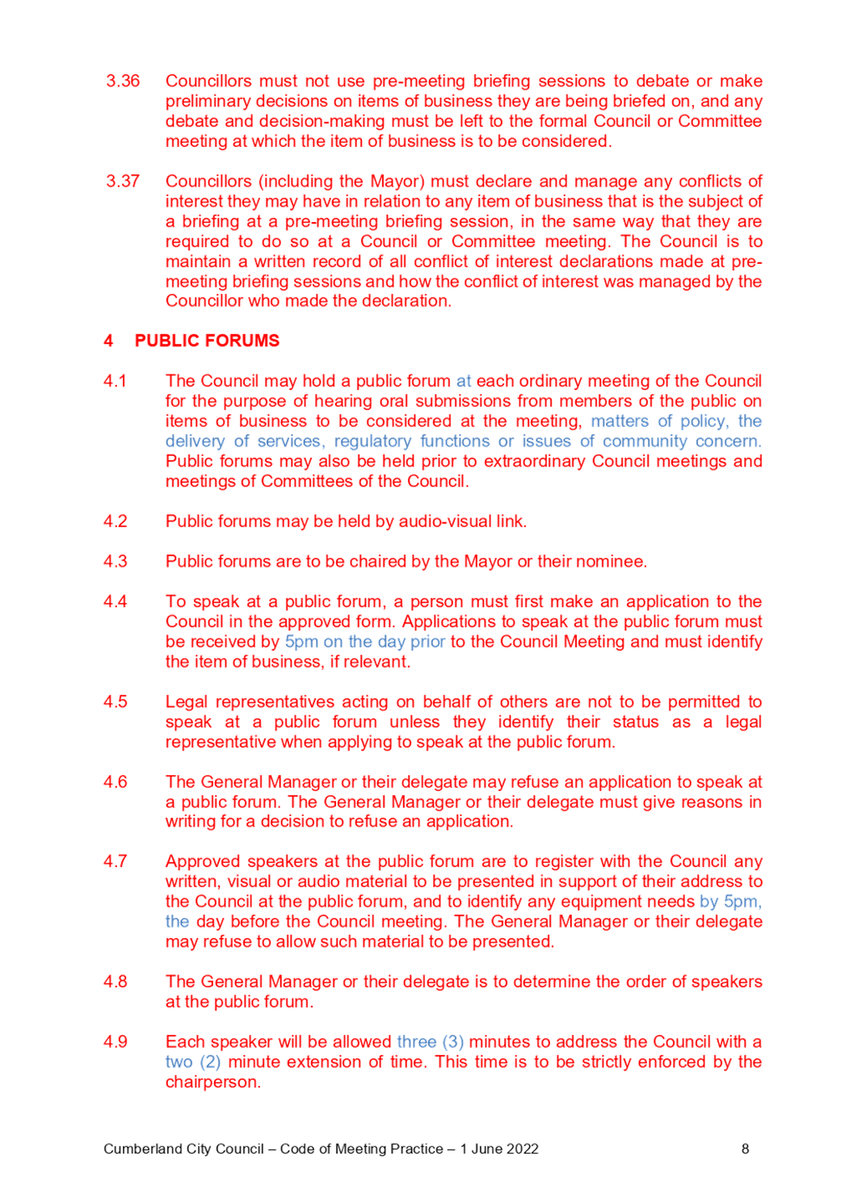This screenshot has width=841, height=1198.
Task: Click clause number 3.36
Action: (x=122, y=82)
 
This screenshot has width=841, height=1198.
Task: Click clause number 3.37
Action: (x=122, y=182)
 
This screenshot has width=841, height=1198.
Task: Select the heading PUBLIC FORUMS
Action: (x=207, y=341)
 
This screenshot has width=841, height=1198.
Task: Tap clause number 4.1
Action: (x=115, y=381)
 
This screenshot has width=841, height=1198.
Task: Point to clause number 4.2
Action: (x=115, y=522)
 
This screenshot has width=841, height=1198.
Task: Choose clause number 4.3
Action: (x=115, y=561)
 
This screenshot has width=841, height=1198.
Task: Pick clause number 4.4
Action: (x=115, y=601)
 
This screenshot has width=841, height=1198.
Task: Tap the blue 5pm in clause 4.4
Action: (x=301, y=642)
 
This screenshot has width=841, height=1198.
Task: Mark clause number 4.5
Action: (x=115, y=702)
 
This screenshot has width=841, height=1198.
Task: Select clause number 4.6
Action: (x=115, y=781)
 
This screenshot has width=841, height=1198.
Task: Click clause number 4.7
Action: (x=115, y=862)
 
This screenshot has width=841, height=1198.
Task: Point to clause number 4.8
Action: (x=115, y=982)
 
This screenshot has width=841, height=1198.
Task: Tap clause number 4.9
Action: (x=115, y=1041)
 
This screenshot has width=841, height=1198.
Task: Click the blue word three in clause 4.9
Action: (x=416, y=1041)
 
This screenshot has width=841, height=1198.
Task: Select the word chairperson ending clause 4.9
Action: (x=212, y=1082)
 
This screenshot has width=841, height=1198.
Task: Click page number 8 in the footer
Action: (x=745, y=1149)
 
